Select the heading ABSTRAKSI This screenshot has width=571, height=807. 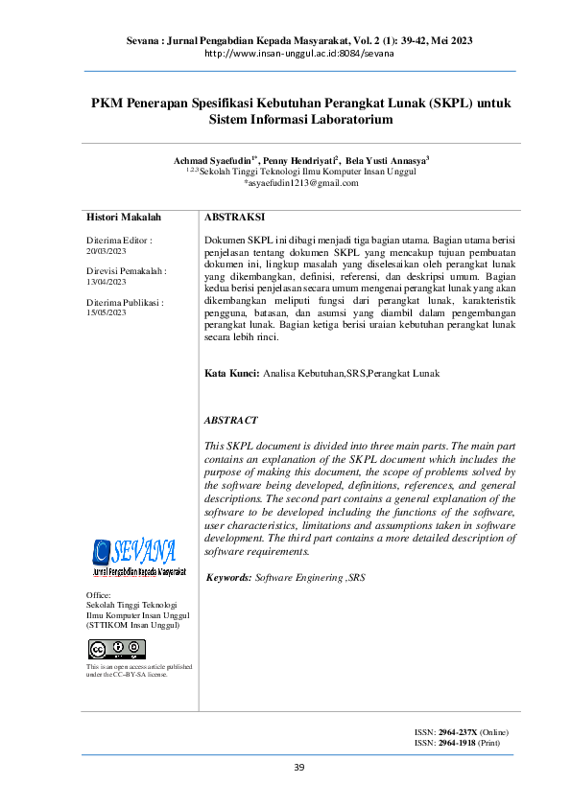tap(235, 219)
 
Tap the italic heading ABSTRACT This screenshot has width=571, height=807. tap(231, 420)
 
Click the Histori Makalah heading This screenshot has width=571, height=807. tap(124, 219)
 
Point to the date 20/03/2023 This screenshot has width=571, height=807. tap(107, 248)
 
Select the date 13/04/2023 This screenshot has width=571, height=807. tap(107, 282)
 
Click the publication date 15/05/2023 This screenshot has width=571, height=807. tap(107, 312)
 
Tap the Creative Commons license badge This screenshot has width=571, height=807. tap(116, 649)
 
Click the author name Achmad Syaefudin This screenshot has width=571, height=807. tap(214, 160)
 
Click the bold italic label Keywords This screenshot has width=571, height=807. tap(230, 578)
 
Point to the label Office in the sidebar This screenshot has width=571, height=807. tap(99, 595)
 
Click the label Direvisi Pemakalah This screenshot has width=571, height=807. tap(126, 271)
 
